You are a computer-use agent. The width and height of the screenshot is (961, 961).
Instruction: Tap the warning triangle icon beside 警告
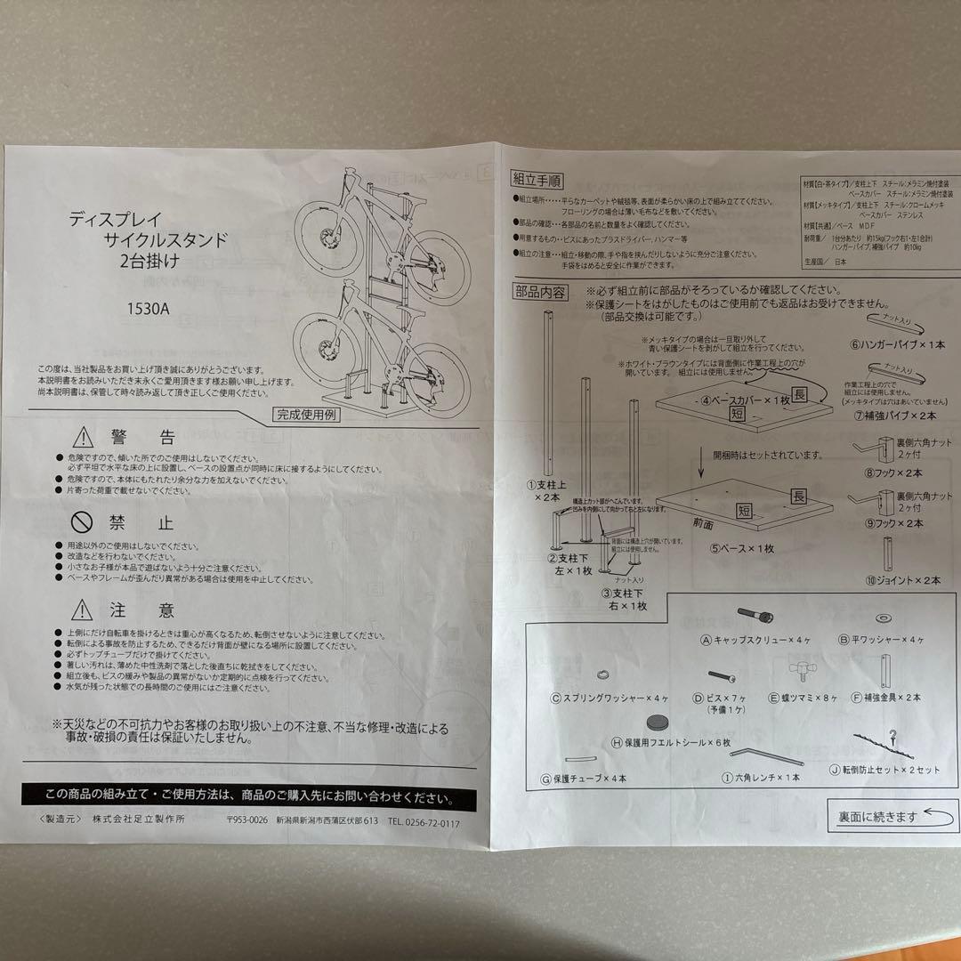(83, 437)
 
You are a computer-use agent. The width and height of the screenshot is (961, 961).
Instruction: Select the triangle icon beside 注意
(83, 610)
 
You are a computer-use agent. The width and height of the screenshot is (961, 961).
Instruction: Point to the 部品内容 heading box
(539, 291)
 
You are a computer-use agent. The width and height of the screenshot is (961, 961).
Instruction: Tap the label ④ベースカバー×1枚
(746, 400)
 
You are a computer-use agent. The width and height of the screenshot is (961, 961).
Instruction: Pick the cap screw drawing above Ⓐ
(757, 617)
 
